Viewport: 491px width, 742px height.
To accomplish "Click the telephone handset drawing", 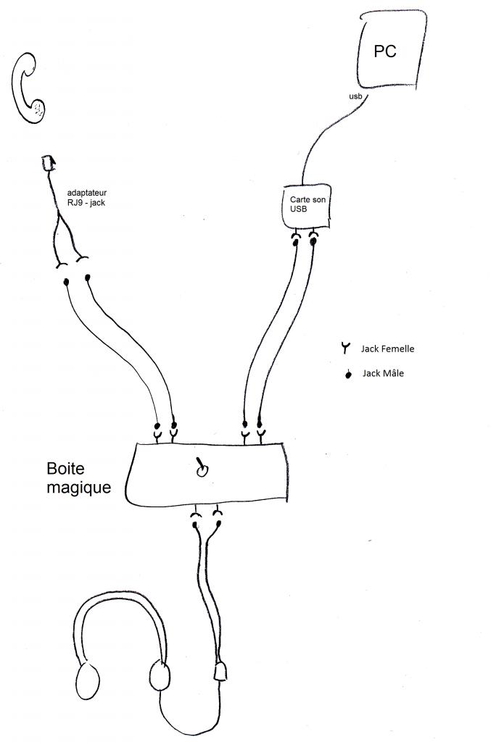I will (29, 88).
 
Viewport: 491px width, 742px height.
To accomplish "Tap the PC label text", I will (385, 51).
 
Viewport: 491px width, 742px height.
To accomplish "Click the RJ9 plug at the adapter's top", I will (48, 163).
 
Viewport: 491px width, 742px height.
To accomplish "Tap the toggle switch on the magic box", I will (201, 469).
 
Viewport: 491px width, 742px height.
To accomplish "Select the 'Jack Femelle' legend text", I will (387, 349).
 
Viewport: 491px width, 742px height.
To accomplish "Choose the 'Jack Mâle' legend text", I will (383, 373).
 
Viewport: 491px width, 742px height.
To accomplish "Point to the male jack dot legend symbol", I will (348, 374).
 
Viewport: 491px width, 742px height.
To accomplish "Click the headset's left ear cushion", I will (86, 680).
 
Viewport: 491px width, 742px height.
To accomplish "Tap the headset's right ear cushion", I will (160, 678).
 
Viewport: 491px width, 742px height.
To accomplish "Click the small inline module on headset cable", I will (222, 673).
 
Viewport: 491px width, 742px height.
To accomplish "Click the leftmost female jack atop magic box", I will (157, 435).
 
